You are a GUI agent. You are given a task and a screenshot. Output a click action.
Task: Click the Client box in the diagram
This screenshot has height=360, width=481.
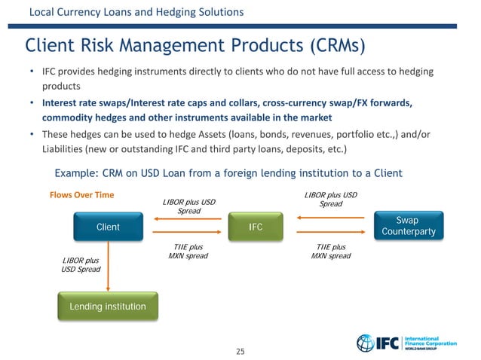pyautogui.click(x=108, y=227)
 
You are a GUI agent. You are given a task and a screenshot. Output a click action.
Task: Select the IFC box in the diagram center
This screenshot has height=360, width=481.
pyautogui.click(x=256, y=227)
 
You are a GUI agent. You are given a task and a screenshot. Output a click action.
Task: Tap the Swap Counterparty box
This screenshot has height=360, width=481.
pyautogui.click(x=408, y=226)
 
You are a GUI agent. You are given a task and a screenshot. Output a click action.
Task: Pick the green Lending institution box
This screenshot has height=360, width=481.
pyautogui.click(x=108, y=307)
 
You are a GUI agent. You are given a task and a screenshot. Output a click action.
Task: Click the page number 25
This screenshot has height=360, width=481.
pyautogui.click(x=240, y=351)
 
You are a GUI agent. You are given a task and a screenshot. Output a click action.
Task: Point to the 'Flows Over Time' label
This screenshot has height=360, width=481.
pyautogui.click(x=81, y=195)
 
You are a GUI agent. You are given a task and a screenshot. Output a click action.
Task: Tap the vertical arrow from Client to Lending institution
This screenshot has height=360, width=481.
pyautogui.click(x=109, y=265)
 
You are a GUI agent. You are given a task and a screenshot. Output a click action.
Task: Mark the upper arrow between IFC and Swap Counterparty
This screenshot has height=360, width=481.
pyautogui.click(x=332, y=219)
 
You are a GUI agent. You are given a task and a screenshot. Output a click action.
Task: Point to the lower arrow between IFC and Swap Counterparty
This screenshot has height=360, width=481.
pyautogui.click(x=332, y=236)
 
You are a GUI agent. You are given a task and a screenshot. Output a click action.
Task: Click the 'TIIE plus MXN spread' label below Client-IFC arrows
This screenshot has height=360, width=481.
pyautogui.click(x=185, y=252)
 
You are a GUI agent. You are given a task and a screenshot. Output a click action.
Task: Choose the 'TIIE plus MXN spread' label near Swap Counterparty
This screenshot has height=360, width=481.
pyautogui.click(x=331, y=252)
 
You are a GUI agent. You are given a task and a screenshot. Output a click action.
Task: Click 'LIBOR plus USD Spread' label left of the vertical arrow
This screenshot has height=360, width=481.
pyautogui.click(x=80, y=265)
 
